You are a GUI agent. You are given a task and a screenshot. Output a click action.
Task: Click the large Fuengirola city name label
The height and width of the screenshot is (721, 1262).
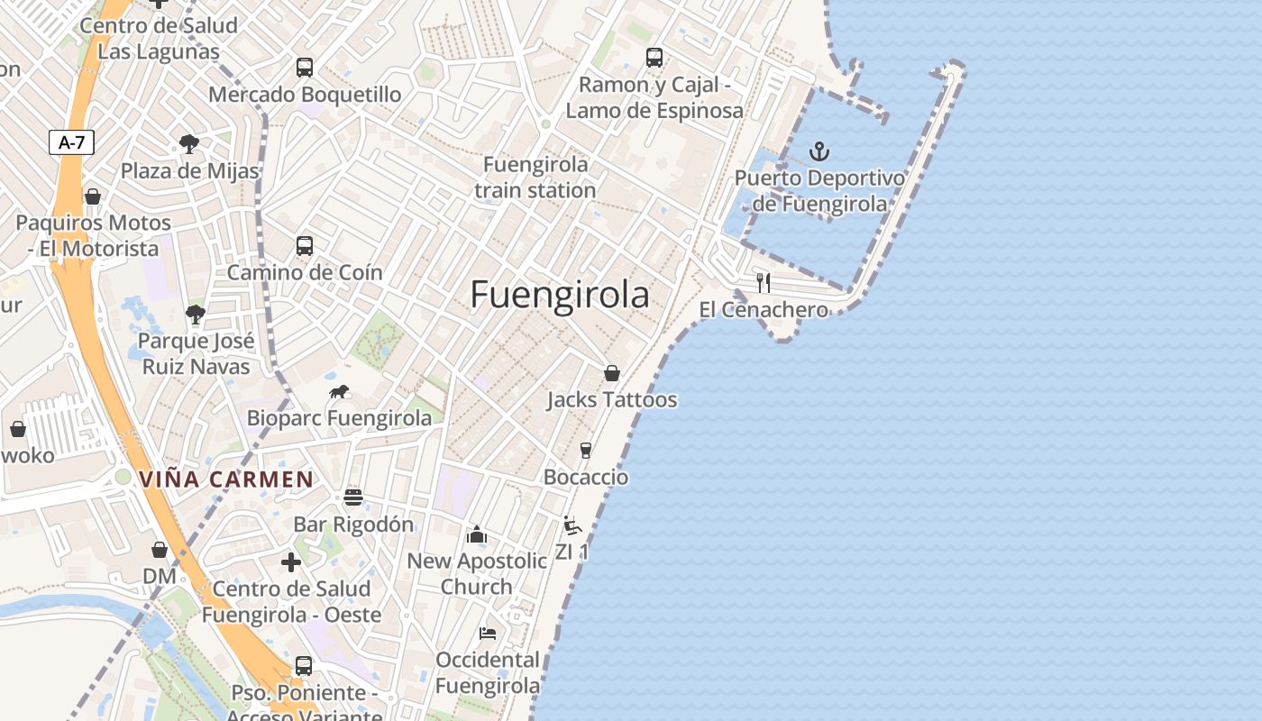click(560, 295)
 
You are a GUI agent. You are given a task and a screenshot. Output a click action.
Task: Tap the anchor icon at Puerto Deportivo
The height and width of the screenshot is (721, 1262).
click(819, 151)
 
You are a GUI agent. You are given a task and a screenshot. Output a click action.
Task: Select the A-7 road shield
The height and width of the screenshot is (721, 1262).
click(71, 141)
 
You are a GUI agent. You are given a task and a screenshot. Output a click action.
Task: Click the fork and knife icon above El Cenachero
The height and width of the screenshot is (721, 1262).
click(764, 283)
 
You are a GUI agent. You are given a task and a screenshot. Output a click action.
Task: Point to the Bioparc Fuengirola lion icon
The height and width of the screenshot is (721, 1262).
click(340, 392)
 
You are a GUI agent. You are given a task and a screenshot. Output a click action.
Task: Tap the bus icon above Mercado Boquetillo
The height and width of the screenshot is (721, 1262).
click(305, 68)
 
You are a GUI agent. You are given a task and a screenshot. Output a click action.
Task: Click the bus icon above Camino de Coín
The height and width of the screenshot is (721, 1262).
click(305, 246)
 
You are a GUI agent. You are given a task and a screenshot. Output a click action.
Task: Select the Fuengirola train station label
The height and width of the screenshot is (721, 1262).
click(535, 178)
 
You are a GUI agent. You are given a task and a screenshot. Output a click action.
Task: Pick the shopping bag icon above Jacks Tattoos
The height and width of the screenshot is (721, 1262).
click(612, 373)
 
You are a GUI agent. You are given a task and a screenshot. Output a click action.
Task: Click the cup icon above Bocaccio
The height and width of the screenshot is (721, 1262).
click(586, 451)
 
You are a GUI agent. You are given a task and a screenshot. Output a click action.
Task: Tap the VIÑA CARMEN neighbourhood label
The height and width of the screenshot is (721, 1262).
click(226, 479)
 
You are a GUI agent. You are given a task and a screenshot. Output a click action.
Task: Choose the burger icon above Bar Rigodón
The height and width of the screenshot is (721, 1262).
click(353, 497)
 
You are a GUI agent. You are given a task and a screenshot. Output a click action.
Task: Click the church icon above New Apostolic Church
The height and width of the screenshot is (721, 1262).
click(477, 535)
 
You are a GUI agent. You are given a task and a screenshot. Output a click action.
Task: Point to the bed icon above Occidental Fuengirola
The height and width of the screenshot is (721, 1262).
click(488, 634)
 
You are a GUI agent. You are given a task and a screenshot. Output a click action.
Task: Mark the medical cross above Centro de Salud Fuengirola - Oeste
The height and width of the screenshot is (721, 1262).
click(291, 562)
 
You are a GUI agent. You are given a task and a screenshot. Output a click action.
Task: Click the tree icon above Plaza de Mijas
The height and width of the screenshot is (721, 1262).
click(189, 144)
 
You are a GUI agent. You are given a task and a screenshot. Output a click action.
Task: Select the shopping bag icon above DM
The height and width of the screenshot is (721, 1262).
click(160, 550)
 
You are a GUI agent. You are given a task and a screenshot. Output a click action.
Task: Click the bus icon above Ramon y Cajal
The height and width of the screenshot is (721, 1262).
click(654, 58)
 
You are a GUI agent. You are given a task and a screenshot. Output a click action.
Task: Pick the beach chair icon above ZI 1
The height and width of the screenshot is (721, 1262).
click(572, 525)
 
